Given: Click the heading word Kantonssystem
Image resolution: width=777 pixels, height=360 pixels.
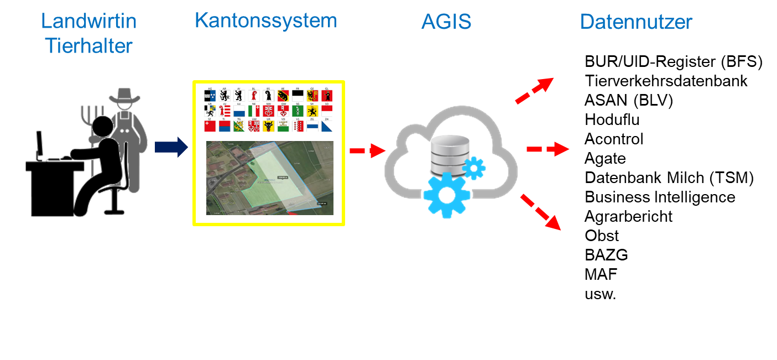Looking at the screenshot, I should coord(265,21).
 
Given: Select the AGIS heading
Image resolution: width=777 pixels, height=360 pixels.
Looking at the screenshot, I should coord(446,22).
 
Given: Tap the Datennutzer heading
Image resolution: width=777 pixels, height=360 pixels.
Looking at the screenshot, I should coord(636,22).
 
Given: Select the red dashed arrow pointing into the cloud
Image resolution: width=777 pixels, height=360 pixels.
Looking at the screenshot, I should coord(367,150).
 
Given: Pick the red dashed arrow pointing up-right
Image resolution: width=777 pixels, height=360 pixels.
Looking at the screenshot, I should coord(534,91).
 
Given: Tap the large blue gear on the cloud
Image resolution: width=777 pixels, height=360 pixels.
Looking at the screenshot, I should coord(447,194).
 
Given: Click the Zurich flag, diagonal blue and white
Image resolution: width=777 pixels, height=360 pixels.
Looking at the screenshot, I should coord(327,126).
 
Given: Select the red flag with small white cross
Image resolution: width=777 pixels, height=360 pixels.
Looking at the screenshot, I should coord(210,126).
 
